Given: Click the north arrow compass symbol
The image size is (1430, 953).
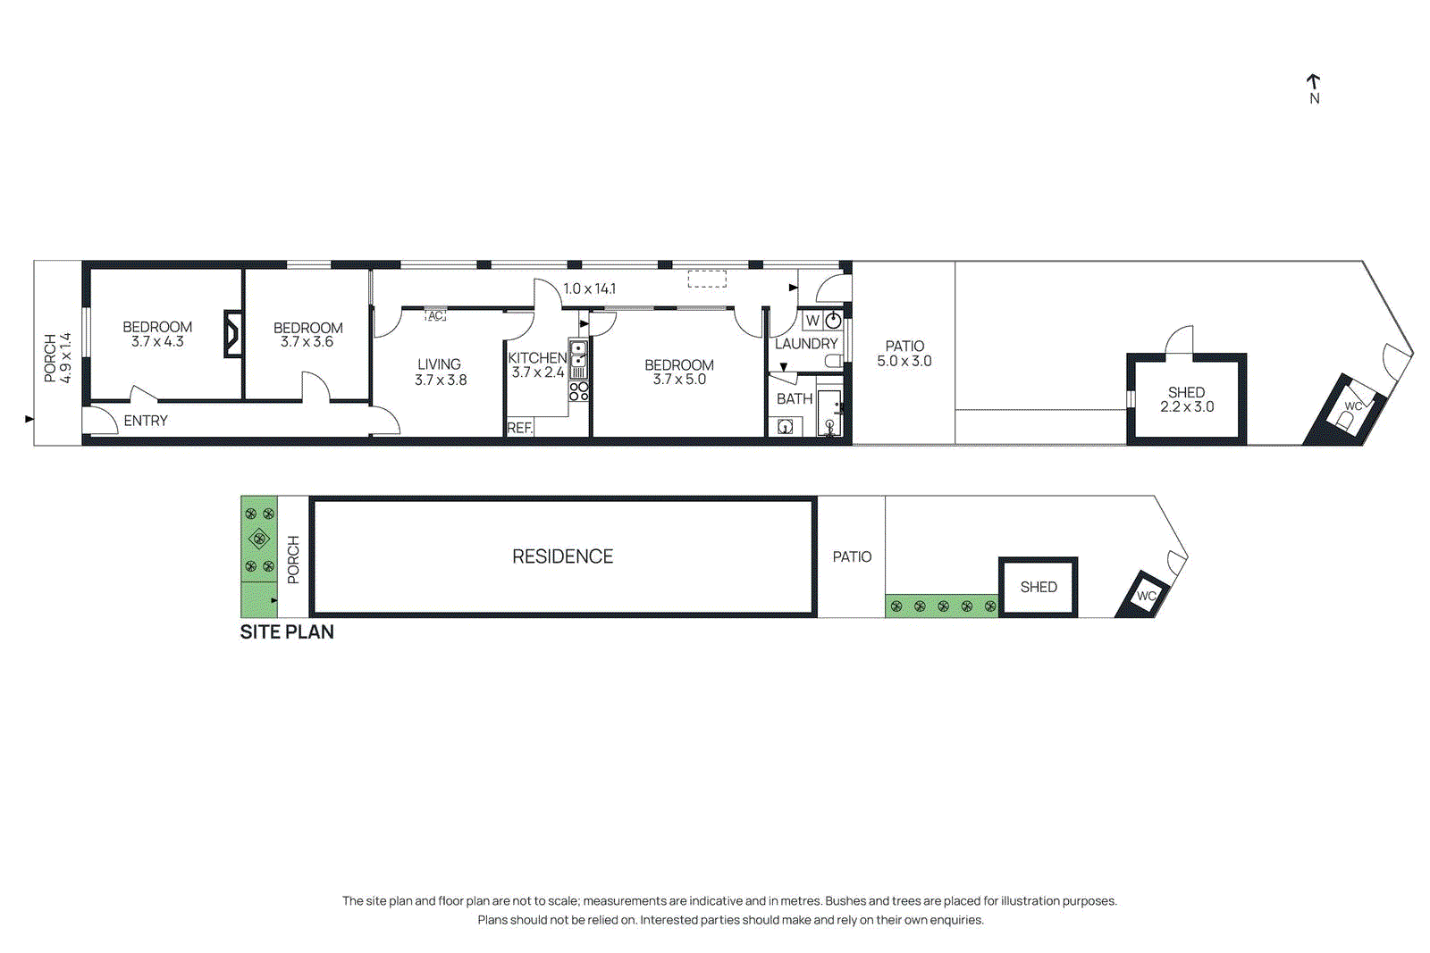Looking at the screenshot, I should [1314, 88].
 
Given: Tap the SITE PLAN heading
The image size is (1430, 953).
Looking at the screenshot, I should [287, 631].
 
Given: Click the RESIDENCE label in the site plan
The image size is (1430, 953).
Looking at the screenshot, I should [562, 556].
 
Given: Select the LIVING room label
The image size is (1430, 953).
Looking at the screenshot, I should [439, 364].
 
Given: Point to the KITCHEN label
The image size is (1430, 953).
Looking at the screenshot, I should [536, 357].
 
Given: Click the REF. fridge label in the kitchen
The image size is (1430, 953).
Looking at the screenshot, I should [519, 428].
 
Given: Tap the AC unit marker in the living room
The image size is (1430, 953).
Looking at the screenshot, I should [435, 316].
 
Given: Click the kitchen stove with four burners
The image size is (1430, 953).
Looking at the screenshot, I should [579, 390].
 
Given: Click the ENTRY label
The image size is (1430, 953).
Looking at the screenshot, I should [146, 421].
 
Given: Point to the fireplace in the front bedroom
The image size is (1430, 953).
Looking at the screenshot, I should [232, 333].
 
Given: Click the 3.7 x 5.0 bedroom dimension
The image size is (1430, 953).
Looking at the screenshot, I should [679, 380].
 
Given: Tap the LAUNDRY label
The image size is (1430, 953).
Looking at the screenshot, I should [806, 344].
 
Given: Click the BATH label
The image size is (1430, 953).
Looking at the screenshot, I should [795, 399].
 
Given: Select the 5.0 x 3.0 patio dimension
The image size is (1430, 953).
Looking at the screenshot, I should [904, 361].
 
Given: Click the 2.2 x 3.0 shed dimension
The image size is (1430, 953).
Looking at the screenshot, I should [1187, 407].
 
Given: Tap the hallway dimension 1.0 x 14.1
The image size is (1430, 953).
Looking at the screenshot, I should [589, 288].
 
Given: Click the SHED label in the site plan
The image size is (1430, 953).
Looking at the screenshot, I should [1039, 587].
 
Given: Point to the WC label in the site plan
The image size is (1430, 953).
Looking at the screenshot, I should [1146, 596].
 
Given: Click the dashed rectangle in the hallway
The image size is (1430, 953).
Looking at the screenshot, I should [707, 280].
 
